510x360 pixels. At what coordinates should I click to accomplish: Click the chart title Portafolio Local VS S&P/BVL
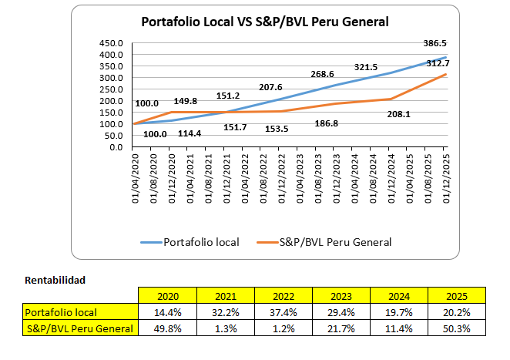(265, 22)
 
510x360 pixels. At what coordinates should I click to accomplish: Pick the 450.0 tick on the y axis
(111, 43)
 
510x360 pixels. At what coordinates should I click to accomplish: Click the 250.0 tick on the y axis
(111, 89)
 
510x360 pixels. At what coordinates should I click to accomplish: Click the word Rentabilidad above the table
(55, 279)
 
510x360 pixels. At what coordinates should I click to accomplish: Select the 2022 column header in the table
(283, 296)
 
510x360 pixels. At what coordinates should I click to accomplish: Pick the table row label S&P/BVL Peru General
(79, 328)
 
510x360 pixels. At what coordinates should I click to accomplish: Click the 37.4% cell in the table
(283, 312)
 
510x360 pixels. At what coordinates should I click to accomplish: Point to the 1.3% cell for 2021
(225, 328)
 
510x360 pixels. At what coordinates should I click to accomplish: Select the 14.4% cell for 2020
(167, 312)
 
